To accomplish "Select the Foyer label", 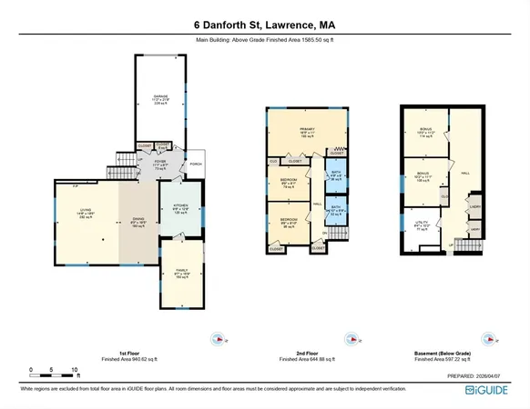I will [x=160, y=162].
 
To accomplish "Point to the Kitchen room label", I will [x=180, y=207].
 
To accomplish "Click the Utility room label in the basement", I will [x=422, y=222].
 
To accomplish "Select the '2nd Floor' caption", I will [x=307, y=352].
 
